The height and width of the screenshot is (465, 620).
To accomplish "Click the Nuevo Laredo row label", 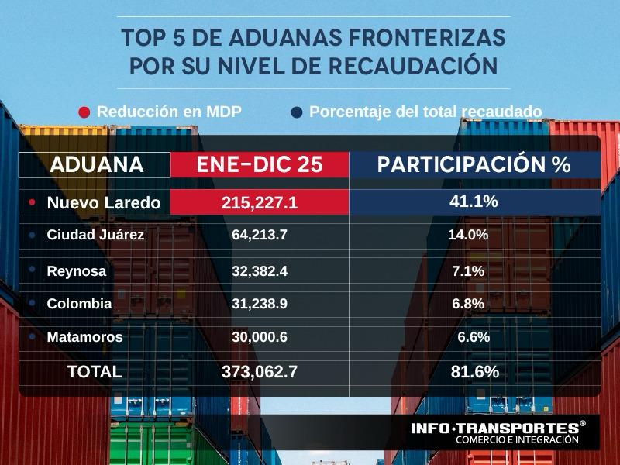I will point(103,203).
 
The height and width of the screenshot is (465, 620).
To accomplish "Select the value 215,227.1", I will point(260,203).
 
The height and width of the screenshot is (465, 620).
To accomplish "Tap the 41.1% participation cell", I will point(474,201).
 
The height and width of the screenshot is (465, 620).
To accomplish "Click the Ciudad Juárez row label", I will point(95,235).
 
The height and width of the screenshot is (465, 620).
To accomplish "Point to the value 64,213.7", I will point(260,235).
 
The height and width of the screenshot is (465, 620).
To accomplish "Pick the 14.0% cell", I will point(468,235).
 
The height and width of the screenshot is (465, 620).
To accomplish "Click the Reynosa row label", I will point(77,271).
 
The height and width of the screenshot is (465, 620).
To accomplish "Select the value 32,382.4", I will point(260,271).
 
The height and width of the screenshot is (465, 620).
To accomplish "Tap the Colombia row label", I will point(79,304).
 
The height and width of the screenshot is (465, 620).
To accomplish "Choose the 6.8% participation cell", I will point(468,304).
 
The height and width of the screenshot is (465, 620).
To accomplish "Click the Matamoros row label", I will point(84,338).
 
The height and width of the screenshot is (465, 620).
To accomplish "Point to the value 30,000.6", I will point(260,338).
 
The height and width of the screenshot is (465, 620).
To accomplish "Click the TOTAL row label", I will point(95,372).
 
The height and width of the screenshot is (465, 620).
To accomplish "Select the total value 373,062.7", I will point(260,372).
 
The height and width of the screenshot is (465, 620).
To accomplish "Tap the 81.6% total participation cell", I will point(474,372).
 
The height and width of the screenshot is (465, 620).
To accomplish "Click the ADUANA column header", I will point(96,165).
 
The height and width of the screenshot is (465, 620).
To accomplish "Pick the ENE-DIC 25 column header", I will point(260,165).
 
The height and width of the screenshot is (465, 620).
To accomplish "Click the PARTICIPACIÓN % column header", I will point(474,165).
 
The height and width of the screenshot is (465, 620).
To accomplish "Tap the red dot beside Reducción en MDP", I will point(84,112).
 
